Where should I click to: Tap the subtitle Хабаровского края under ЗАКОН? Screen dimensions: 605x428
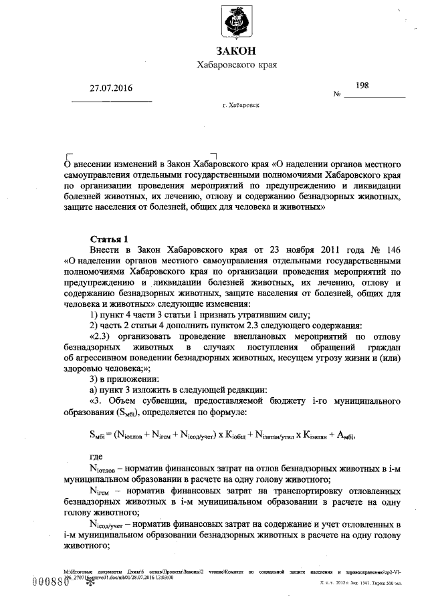click(x=236, y=65)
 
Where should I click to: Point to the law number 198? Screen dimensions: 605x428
click(x=362, y=85)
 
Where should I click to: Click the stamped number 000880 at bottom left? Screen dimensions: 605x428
click(x=51, y=582)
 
